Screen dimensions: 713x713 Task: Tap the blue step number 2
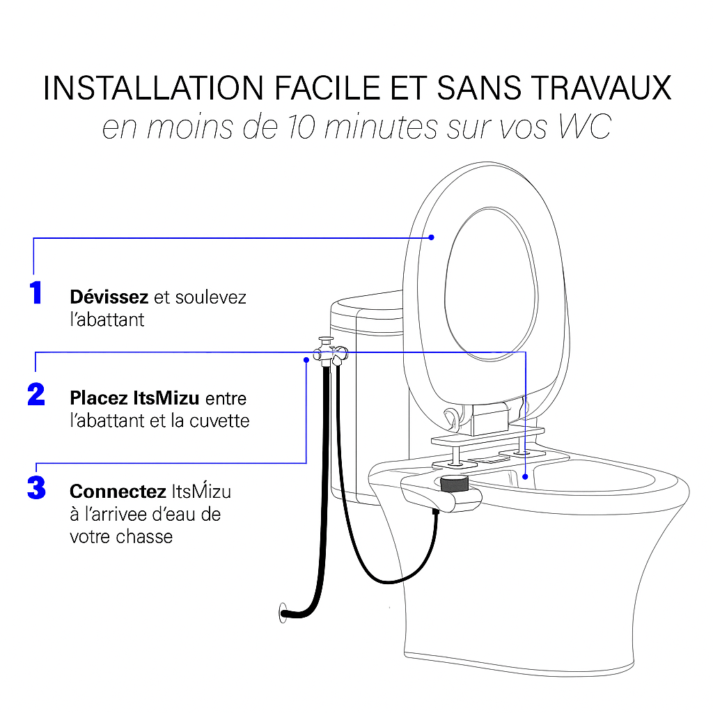36,395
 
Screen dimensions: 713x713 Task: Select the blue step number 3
36,487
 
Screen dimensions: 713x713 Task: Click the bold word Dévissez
109,297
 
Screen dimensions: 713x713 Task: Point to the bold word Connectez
117,492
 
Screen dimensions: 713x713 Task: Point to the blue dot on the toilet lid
431,237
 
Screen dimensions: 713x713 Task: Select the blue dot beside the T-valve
306,359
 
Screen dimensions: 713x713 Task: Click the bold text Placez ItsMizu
134,399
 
